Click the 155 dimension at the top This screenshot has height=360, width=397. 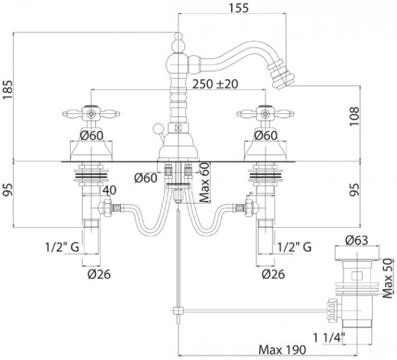pyautogui.click(x=239, y=8)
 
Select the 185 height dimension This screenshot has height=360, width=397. pyautogui.click(x=8, y=90)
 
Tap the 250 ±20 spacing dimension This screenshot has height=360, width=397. pyautogui.click(x=215, y=84)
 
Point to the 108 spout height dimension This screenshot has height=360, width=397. pyautogui.click(x=355, y=116)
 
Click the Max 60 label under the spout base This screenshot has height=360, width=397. pyautogui.click(x=205, y=182)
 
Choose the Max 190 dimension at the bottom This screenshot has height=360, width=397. pyautogui.click(x=283, y=350)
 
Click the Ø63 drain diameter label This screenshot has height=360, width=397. pyautogui.click(x=357, y=240)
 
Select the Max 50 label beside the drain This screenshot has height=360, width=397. pyautogui.click(x=389, y=279)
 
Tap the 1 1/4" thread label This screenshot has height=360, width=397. pyautogui.click(x=329, y=338)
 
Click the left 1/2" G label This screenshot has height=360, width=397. pyautogui.click(x=62, y=247)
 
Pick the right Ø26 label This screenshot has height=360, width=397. pyautogui.click(x=273, y=274)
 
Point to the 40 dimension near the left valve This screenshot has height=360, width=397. pyautogui.click(x=109, y=190)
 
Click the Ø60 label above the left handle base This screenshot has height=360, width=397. pyautogui.click(x=92, y=136)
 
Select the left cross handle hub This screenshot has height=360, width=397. pyautogui.click(x=91, y=114)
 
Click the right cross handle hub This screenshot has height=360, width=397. pyautogui.click(x=265, y=114)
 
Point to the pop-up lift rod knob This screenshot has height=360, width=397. pyautogui.click(x=158, y=128)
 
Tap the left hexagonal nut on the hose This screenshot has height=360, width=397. pyautogui.click(x=105, y=208)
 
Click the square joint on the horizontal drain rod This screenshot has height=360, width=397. pyautogui.click(x=179, y=310)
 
